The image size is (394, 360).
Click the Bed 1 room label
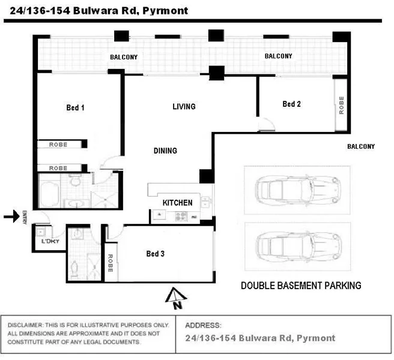pos(75,108)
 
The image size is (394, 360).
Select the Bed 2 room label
pos(291,104)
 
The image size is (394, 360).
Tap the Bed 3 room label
pos(156,254)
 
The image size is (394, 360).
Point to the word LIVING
pos(184,107)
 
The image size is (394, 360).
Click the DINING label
pos(165,151)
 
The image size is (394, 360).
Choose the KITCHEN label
pos(177,203)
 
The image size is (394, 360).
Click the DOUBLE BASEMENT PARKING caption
pos(301,286)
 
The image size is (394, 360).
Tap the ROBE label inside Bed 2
pos(341,106)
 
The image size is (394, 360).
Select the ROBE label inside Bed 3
pos(111,262)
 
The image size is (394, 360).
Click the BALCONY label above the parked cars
pos(361,146)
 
